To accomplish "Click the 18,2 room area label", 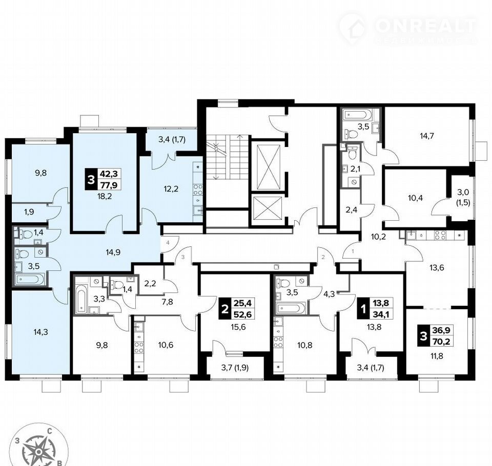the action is (105, 197).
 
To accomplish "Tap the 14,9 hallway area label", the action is (113, 252).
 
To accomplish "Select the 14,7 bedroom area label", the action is (427, 136).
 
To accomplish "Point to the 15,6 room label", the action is (238, 327).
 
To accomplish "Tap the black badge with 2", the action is (224, 309).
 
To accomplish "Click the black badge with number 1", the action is (363, 309).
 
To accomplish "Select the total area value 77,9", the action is (109, 185).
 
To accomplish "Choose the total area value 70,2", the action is (441, 341).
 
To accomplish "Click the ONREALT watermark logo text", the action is (425, 26).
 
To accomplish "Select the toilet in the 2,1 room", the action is (353, 153).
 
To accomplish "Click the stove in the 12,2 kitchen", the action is (198, 189).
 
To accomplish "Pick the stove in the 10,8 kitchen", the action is (278, 342).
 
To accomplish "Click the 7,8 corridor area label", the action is (167, 302).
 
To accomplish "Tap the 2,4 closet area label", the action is (352, 209).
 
